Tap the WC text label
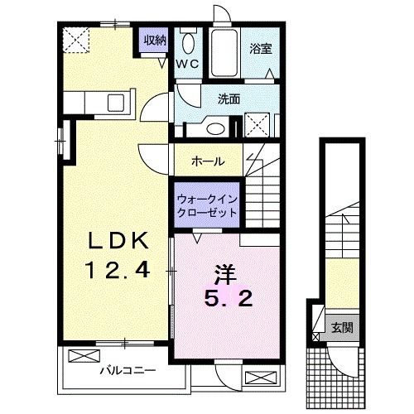click(185, 63)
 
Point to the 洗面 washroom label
click(229, 99)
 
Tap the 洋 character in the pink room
click(220, 271)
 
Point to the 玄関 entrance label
click(341, 326)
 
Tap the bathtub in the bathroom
click(223, 51)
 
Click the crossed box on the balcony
click(82, 357)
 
